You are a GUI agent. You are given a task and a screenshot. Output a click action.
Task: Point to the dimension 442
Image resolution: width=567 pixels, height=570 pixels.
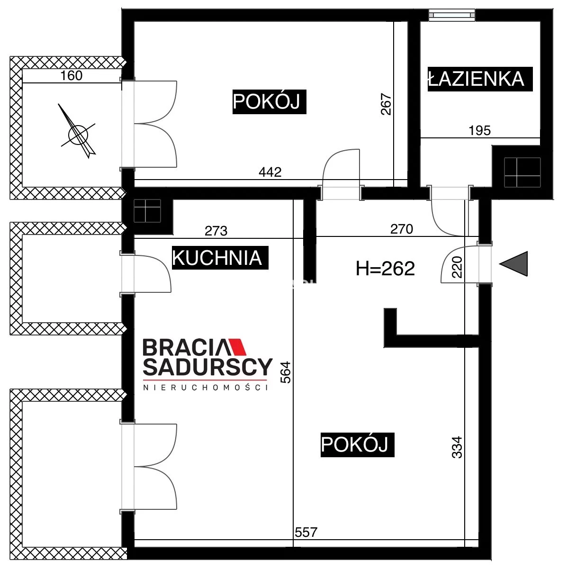(270, 172)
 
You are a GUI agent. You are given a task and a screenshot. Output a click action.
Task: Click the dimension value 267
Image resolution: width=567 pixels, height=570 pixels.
(386, 104)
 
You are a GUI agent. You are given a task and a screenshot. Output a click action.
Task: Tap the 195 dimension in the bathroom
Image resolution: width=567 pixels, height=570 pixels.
(480, 131)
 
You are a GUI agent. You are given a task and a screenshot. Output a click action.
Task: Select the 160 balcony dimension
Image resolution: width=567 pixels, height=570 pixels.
(71, 76)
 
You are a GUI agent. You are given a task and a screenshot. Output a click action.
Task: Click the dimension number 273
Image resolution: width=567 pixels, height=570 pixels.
(216, 231)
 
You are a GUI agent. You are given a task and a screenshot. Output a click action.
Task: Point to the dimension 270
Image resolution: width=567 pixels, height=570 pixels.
(402, 229)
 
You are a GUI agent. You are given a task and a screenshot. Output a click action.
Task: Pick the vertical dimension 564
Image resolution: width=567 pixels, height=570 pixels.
(286, 372)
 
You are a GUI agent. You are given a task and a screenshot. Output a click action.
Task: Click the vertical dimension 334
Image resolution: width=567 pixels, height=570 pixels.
(457, 447)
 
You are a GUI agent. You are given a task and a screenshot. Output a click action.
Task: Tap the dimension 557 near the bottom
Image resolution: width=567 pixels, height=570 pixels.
(306, 533)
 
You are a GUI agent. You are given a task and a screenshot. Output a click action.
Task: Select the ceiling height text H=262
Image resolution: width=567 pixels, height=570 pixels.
(385, 269)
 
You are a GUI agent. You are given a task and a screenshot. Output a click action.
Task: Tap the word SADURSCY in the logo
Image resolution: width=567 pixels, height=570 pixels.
(207, 367)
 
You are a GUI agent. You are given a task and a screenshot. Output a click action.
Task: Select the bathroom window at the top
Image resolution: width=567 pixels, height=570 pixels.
(452, 15)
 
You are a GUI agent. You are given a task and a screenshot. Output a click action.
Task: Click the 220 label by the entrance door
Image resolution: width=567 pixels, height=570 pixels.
(457, 267)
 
